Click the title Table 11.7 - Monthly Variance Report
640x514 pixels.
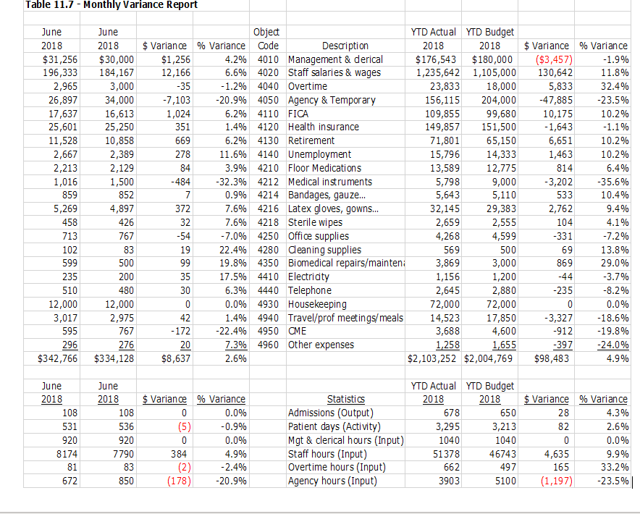click(111, 5)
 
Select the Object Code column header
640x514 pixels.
click(267, 39)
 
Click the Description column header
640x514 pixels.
click(345, 46)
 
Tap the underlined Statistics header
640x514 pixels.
click(345, 399)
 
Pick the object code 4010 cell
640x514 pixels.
click(267, 59)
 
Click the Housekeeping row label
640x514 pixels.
click(317, 304)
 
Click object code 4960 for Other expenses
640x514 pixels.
click(267, 345)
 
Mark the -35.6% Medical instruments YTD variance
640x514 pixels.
click(612, 182)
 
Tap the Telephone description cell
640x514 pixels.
click(310, 290)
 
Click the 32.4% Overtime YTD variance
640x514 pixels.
click(613, 86)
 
